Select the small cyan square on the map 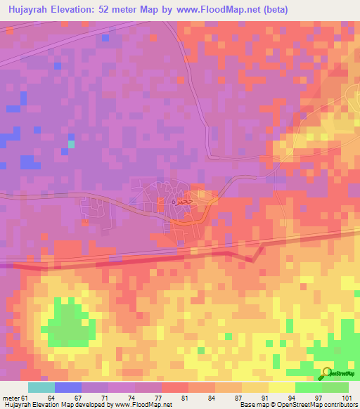click(70, 144)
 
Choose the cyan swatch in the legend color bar click(41, 387)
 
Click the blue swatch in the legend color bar click(67, 387)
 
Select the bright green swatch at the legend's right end click(335, 387)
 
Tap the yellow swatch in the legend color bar click(281, 387)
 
